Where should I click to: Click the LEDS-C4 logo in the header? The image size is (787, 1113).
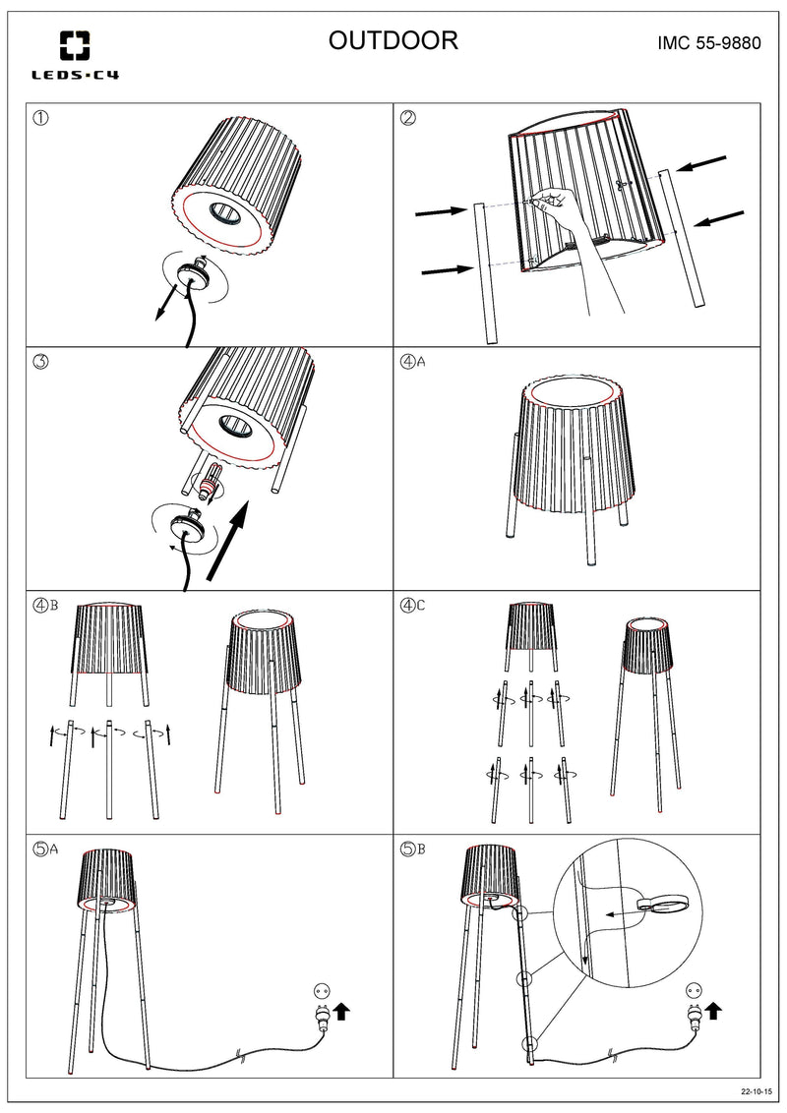click(x=75, y=54)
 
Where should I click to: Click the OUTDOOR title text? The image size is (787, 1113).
click(x=393, y=40)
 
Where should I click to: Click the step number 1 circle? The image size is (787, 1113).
click(x=41, y=118)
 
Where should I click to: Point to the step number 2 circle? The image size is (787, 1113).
click(x=408, y=118)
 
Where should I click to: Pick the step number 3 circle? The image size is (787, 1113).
click(x=41, y=361)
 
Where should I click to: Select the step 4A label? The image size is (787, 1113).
click(x=413, y=361)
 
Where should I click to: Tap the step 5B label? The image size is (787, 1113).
click(x=413, y=850)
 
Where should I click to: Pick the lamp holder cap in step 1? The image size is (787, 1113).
click(x=188, y=277)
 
